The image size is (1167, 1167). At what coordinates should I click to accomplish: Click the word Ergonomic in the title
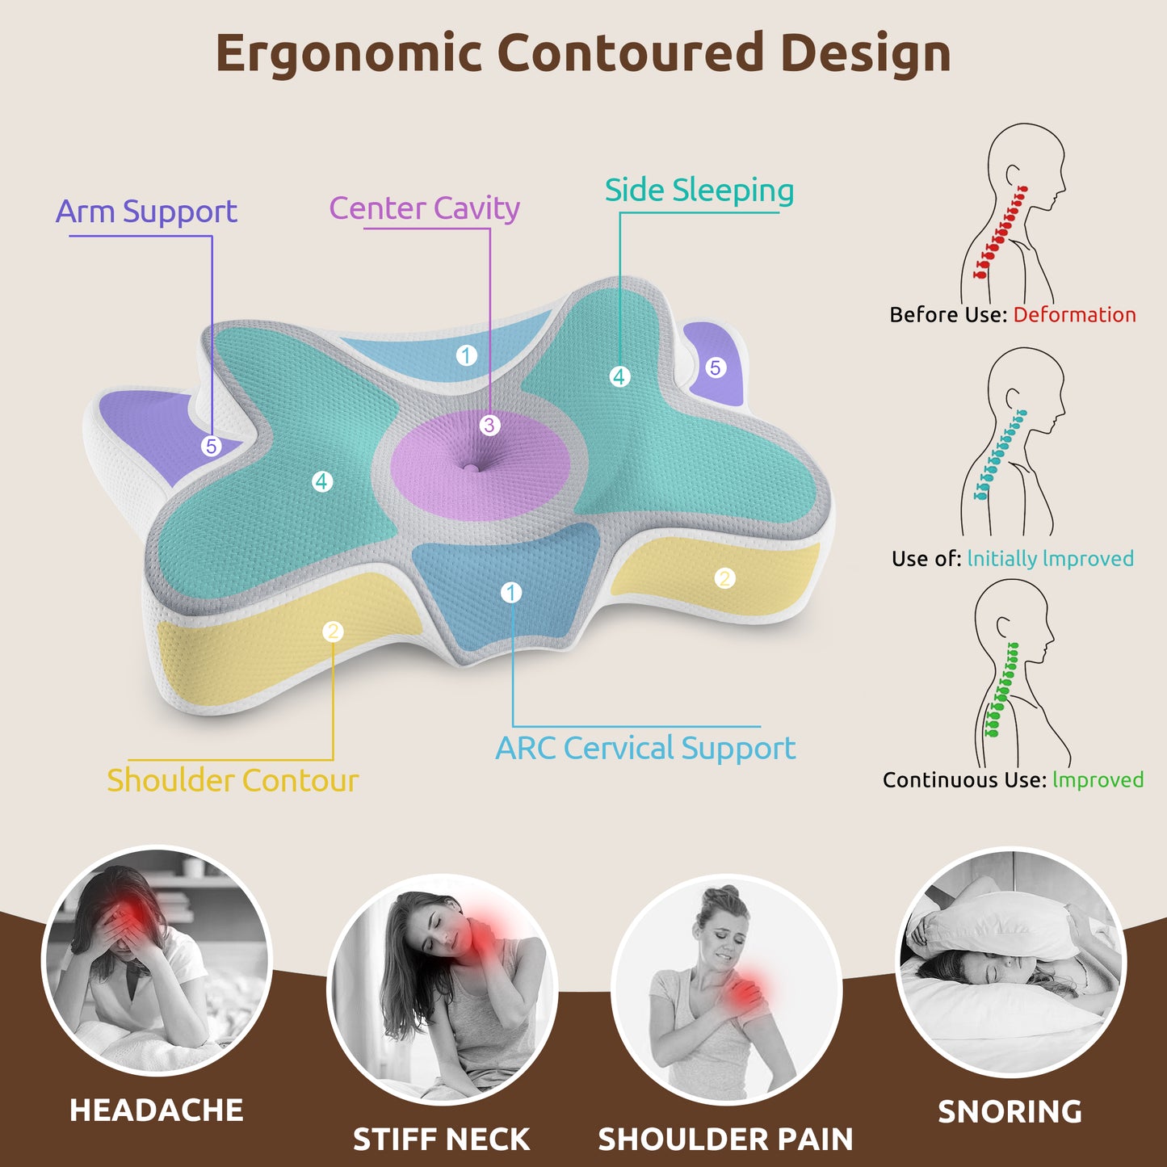tap(349, 53)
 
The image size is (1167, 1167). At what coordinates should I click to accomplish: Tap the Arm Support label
tap(146, 212)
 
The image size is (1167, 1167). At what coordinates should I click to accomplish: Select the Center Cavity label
tap(424, 208)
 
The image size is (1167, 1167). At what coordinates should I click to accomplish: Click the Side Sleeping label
tap(699, 191)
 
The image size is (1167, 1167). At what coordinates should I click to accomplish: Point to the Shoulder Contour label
tap(233, 780)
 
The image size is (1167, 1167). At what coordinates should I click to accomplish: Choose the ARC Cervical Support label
tap(645, 748)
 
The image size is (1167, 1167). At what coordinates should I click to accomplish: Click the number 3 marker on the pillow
tap(489, 425)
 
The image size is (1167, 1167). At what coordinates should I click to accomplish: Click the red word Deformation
tap(1074, 314)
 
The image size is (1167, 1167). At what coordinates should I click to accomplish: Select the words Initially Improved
tap(1050, 558)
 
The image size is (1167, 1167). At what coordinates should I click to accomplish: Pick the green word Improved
tap(1098, 779)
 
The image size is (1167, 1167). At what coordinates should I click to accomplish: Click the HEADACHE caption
tap(157, 1110)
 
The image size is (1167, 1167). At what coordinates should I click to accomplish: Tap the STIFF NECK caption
tap(441, 1140)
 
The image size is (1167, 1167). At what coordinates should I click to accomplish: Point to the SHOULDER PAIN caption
tap(725, 1140)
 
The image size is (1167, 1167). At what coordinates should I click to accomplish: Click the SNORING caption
tap(1010, 1112)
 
